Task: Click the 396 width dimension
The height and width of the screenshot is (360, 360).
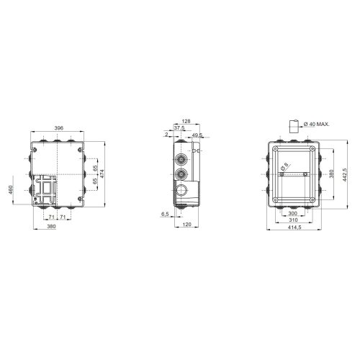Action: point(58,128)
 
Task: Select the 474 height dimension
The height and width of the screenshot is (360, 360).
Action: point(102,174)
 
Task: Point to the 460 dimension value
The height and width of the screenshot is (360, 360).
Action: point(11,190)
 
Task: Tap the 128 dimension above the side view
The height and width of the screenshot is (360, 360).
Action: point(186,122)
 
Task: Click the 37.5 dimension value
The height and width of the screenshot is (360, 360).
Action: point(179,128)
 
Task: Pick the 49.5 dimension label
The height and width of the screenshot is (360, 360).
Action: point(197,135)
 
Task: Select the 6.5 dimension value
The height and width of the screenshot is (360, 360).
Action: point(166,214)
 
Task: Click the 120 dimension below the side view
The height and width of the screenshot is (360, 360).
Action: point(186,225)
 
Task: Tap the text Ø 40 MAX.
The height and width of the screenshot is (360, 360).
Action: point(317,125)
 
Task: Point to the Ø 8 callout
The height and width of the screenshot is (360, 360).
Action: point(284,166)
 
